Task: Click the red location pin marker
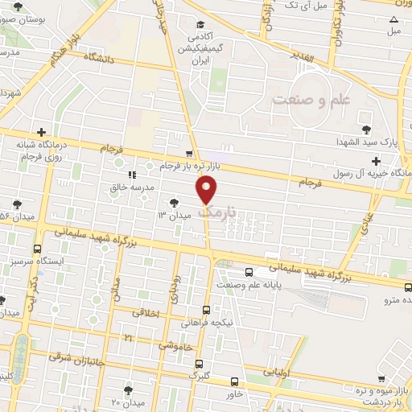208,190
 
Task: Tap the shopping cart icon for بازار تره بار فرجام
189,153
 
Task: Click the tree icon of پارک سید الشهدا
367,129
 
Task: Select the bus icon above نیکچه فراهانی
206,310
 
